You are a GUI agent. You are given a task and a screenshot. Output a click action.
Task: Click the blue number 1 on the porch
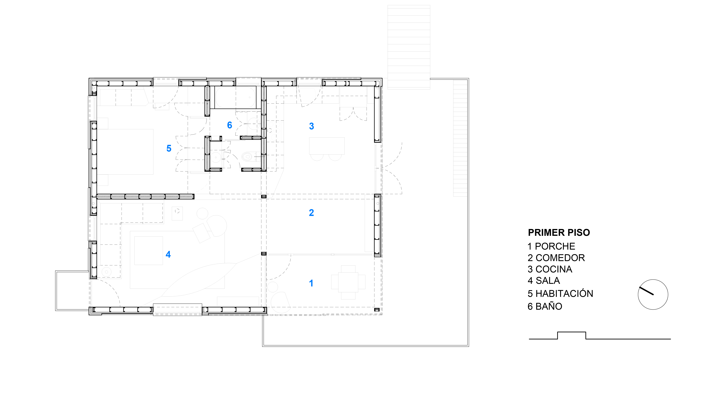[x=311, y=283]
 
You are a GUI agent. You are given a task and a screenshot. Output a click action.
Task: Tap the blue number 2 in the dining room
[x=311, y=213]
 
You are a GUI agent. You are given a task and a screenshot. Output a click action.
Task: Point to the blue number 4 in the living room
[x=168, y=254]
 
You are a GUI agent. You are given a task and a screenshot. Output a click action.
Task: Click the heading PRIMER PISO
[x=559, y=233]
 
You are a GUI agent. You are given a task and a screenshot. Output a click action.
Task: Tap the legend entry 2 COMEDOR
[x=556, y=258]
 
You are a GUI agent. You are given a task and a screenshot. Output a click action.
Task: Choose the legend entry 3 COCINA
[x=550, y=269]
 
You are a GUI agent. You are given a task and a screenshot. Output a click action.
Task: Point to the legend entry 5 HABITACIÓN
[x=560, y=294]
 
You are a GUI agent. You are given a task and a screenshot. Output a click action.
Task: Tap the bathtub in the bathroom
[x=236, y=97]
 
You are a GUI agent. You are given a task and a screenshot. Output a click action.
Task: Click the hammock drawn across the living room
[x=199, y=280]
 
